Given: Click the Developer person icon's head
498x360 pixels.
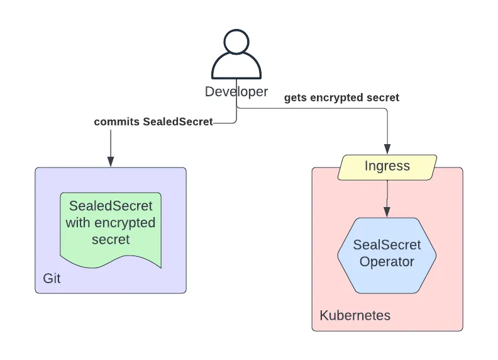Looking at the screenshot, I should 236,44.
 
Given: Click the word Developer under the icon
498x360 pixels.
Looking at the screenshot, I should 236,92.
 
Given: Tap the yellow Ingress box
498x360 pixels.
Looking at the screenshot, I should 387,166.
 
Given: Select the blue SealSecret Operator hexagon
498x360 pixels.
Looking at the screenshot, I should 387,255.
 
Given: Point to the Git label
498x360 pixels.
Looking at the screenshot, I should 52,278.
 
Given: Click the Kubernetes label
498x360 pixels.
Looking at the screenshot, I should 355,315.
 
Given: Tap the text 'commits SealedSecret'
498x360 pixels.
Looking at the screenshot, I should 153,121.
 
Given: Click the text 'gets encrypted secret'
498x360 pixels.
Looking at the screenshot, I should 341,98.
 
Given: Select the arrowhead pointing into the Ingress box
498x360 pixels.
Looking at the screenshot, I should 387,149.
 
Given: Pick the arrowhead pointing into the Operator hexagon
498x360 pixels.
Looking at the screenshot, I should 387,211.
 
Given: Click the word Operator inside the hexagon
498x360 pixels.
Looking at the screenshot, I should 387,262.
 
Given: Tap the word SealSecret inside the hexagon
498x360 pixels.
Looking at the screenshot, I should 387,245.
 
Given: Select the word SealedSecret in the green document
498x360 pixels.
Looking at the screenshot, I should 111,206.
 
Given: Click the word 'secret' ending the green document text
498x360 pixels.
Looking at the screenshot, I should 111,240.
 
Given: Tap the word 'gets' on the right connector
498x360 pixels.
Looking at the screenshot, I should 296,98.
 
